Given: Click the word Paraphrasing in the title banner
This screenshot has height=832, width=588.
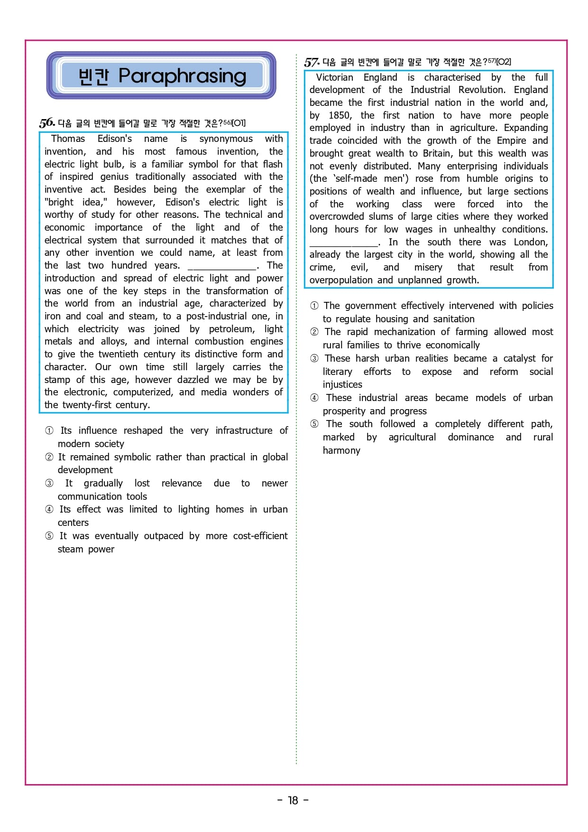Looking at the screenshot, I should pos(182,76).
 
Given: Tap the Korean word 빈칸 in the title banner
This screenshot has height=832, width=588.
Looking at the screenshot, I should pos(93,76).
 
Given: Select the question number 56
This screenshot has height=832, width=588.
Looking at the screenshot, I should pos(46,122).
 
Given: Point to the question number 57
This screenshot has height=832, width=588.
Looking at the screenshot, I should pos(312,62).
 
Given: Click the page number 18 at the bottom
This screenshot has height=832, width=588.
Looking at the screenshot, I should pos(293,801).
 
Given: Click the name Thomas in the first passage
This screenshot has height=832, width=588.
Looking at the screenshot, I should pos(68,139).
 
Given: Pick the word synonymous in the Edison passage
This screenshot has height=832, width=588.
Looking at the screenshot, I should pos(226,139).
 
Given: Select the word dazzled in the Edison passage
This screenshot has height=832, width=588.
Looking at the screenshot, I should pos(193,380).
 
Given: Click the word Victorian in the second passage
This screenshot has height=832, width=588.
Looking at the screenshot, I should pos(334,77).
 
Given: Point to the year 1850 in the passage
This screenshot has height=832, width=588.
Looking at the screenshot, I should pos(340,115).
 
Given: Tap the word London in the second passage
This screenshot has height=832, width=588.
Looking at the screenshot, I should pos(531,242).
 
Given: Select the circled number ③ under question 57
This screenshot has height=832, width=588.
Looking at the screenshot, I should pos(314,358).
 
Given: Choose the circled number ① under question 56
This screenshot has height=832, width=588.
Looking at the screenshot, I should pos(49,430).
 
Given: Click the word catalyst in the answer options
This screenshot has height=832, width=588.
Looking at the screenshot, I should pos(519,358).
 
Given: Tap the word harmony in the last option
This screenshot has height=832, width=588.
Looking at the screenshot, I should pos(341,450).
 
